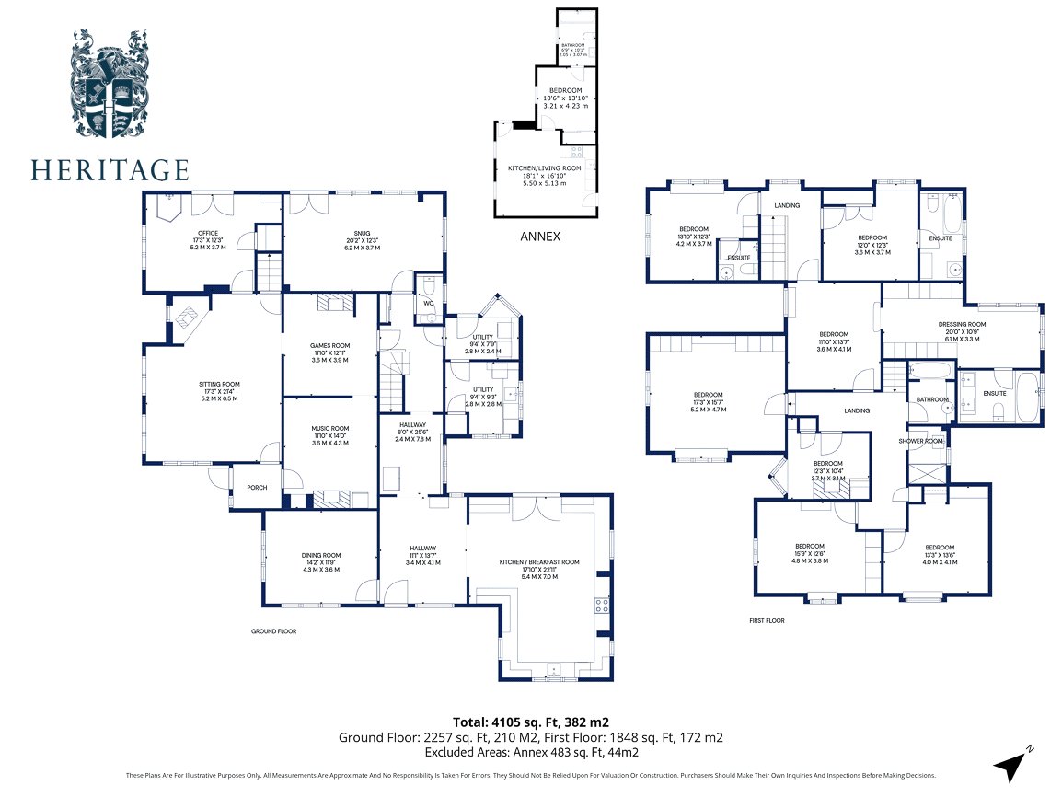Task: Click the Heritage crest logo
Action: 110,84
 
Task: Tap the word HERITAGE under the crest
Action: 110,170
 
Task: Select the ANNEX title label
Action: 540,237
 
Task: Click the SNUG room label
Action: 364,236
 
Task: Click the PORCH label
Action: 257,488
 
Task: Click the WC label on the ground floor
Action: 428,302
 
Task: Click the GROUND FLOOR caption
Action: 274,631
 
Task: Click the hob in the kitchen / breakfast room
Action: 604,606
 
